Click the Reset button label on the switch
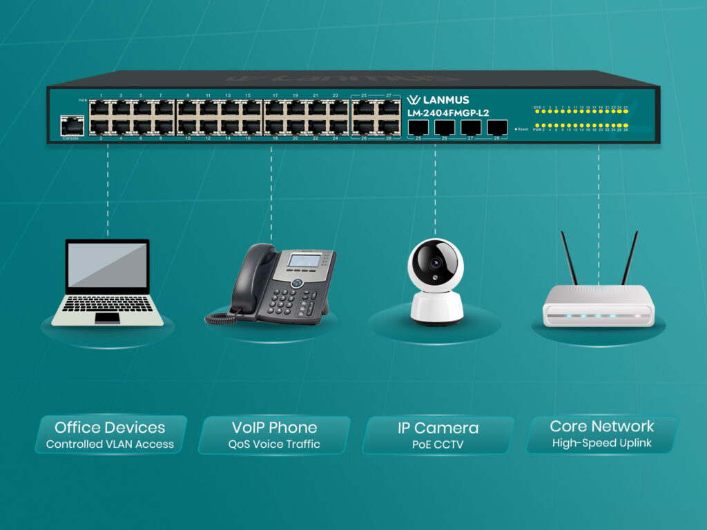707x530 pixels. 521,129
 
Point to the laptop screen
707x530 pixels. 107,265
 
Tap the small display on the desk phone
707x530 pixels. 304,261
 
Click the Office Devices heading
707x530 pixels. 110,427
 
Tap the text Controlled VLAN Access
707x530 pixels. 110,444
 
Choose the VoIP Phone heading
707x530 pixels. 274,427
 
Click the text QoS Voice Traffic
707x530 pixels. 274,444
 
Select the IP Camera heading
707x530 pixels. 438,428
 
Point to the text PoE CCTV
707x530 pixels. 438,444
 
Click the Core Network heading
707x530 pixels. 601,426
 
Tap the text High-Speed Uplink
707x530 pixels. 601,443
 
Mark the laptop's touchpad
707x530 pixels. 107,317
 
